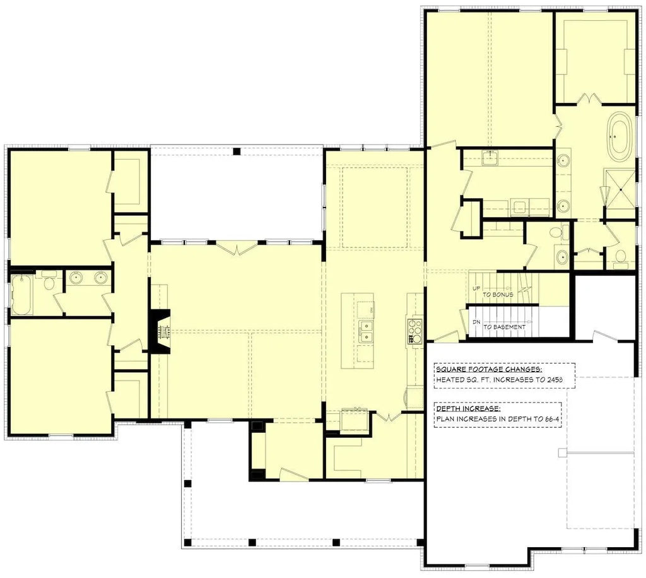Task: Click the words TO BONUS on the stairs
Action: (498, 295)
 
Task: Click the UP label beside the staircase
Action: (476, 288)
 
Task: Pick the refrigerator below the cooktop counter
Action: (414, 398)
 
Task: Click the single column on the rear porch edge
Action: (237, 151)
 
